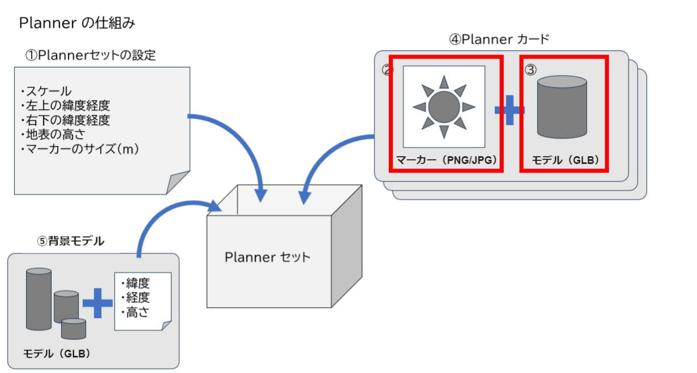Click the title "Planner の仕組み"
tap(77, 23)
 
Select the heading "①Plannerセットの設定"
tap(90, 55)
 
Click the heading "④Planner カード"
tap(499, 39)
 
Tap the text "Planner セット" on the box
tap(267, 257)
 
